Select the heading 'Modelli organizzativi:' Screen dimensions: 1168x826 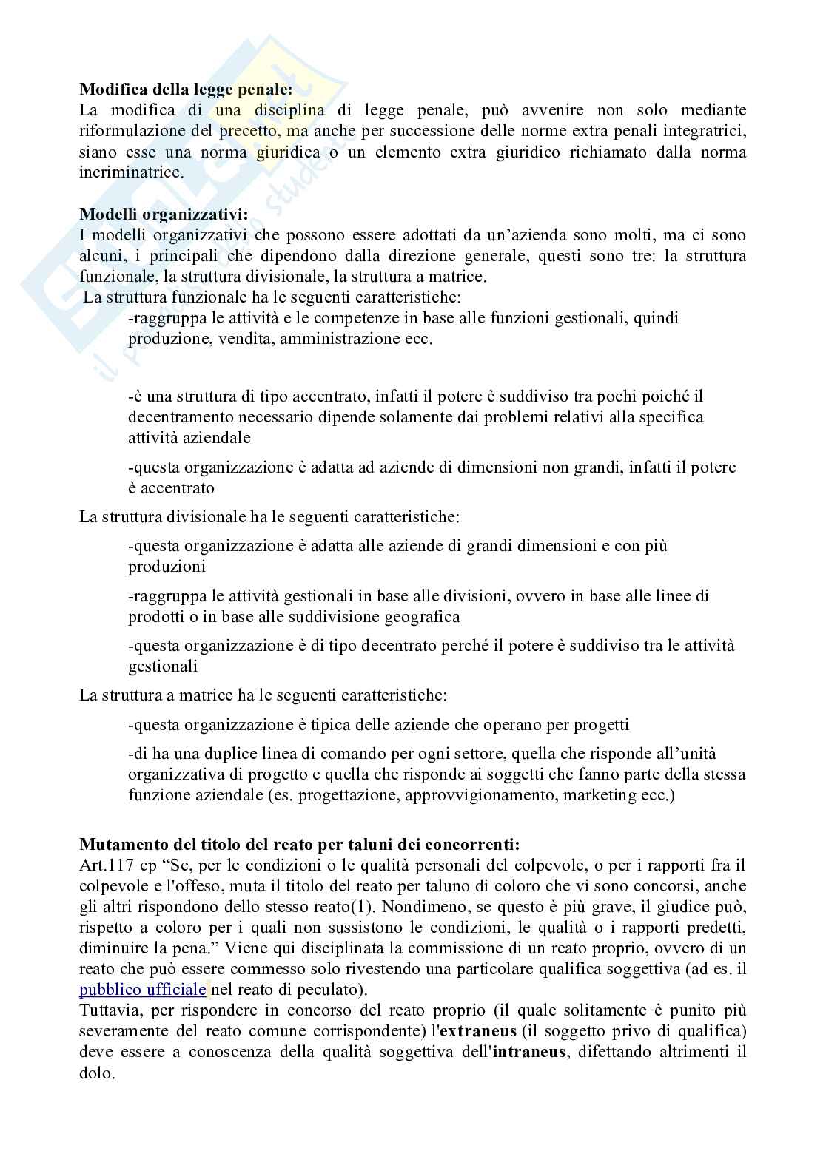click(x=164, y=215)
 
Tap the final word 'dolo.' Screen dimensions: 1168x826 click(x=98, y=1073)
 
